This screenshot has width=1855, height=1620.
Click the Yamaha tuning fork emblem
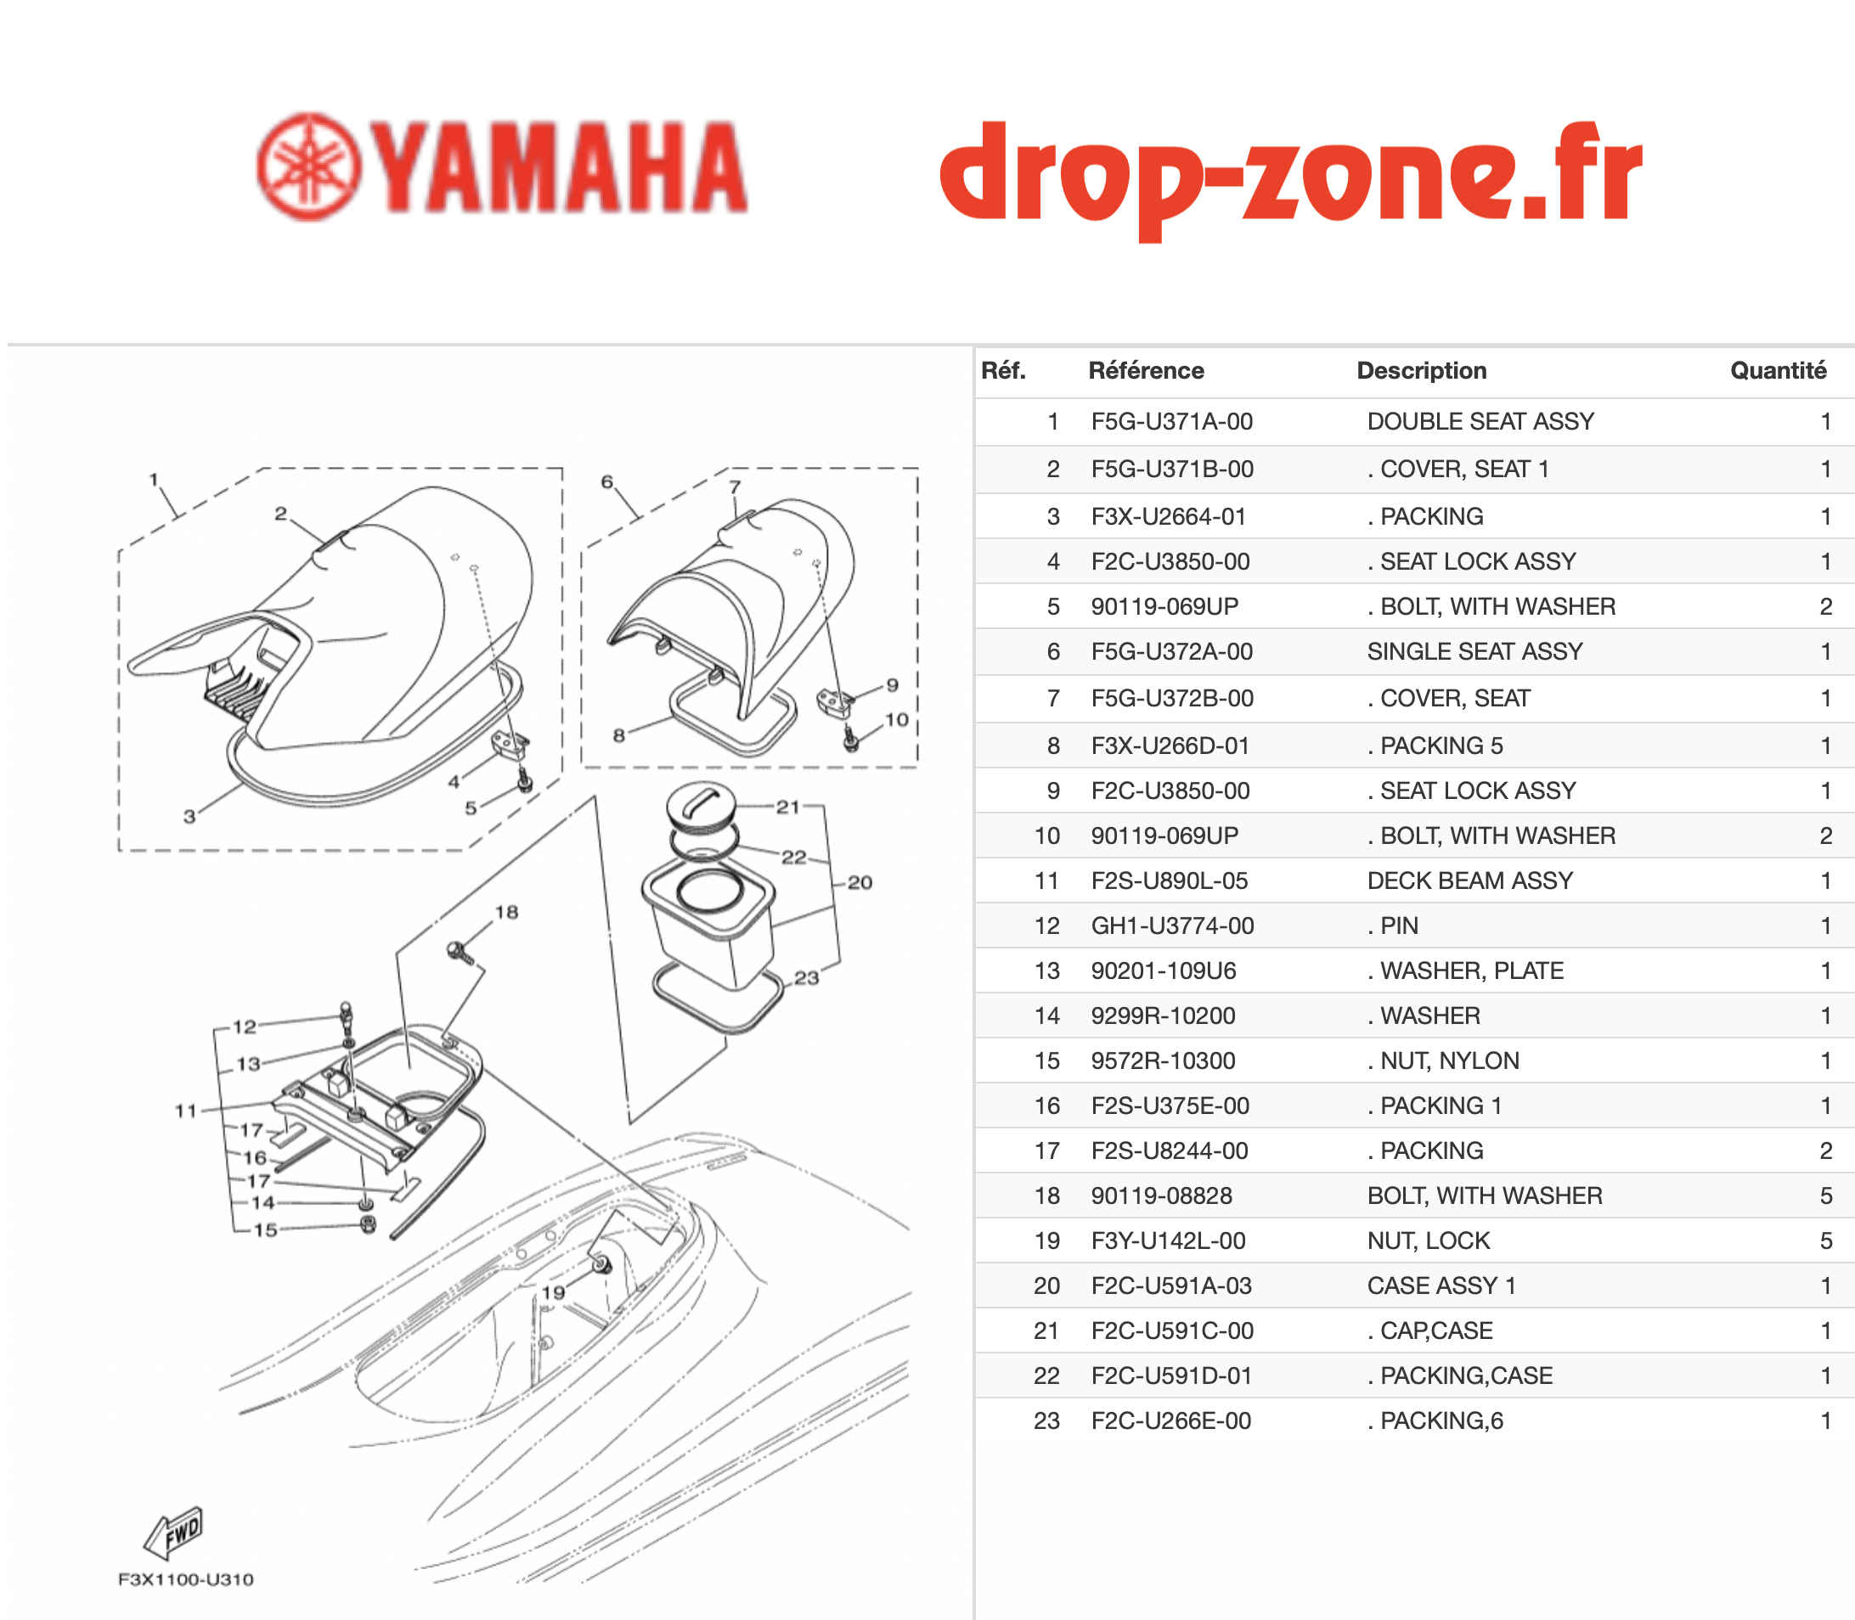[309, 166]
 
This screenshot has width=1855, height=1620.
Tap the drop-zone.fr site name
[1291, 177]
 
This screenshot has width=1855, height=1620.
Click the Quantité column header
[1778, 371]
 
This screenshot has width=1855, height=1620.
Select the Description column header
[1421, 371]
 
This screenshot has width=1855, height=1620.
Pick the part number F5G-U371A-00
[1171, 421]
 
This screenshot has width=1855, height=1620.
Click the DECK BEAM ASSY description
[1469, 880]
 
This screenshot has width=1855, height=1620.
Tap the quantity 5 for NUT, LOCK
[1826, 1240]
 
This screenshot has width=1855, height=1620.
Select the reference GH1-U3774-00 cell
[1172, 925]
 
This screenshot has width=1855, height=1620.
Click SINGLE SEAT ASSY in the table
[1474, 651]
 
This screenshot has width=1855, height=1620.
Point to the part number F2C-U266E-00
[1170, 1420]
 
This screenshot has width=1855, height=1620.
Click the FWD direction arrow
[173, 1533]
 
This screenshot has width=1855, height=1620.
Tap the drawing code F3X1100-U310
[185, 1579]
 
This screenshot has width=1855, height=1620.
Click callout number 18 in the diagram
[506, 912]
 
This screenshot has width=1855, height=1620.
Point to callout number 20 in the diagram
[860, 882]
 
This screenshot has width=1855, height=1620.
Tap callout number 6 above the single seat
[607, 482]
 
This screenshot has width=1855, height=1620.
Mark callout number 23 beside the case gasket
[806, 978]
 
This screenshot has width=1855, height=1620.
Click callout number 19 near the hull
[553, 1293]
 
